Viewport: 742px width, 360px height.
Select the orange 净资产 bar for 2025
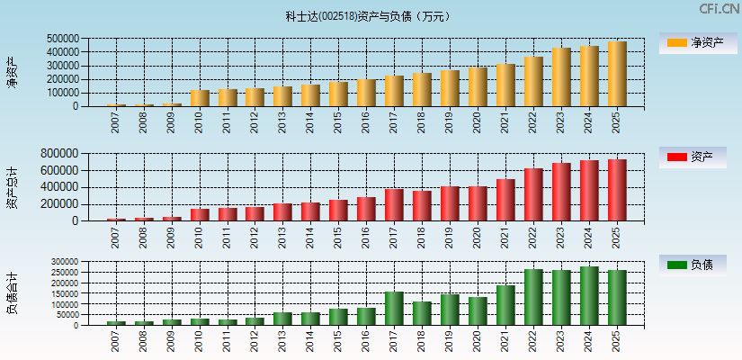point(617,74)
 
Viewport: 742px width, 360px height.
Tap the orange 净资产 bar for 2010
point(200,98)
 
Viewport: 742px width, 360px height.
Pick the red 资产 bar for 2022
point(533,194)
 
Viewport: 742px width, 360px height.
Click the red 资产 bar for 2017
point(394,204)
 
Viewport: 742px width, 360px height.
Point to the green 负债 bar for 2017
point(394,308)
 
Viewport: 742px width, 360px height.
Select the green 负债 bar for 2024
point(589,295)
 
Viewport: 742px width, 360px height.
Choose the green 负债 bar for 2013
point(283,319)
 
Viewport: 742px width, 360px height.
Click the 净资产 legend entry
point(692,42)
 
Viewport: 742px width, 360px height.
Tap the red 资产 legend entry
point(692,157)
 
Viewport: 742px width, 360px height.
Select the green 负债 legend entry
point(692,265)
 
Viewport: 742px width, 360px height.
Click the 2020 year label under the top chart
point(478,122)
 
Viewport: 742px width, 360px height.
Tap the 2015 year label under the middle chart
point(339,237)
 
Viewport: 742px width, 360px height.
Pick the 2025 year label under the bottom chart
point(617,340)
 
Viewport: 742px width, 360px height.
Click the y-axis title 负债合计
point(12,292)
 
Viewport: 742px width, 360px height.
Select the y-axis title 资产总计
point(12,187)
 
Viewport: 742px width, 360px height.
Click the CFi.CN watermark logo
point(719,9)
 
